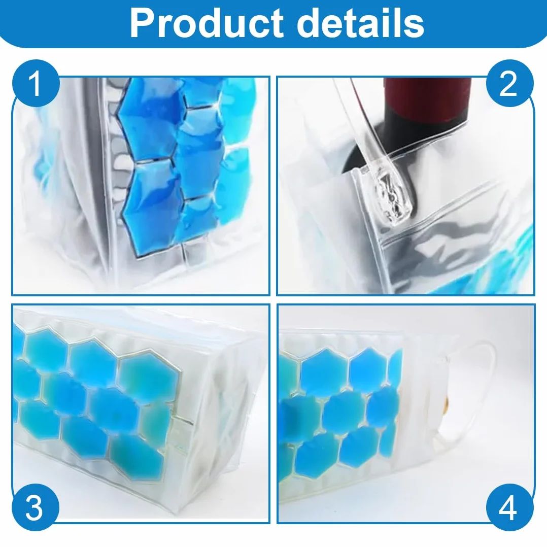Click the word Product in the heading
[207, 23]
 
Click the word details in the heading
[360, 22]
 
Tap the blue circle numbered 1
[36, 84]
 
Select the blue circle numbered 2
[509, 84]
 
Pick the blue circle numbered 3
[36, 507]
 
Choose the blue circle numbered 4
[509, 507]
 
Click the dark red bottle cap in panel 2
[427, 94]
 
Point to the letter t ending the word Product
[278, 24]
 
